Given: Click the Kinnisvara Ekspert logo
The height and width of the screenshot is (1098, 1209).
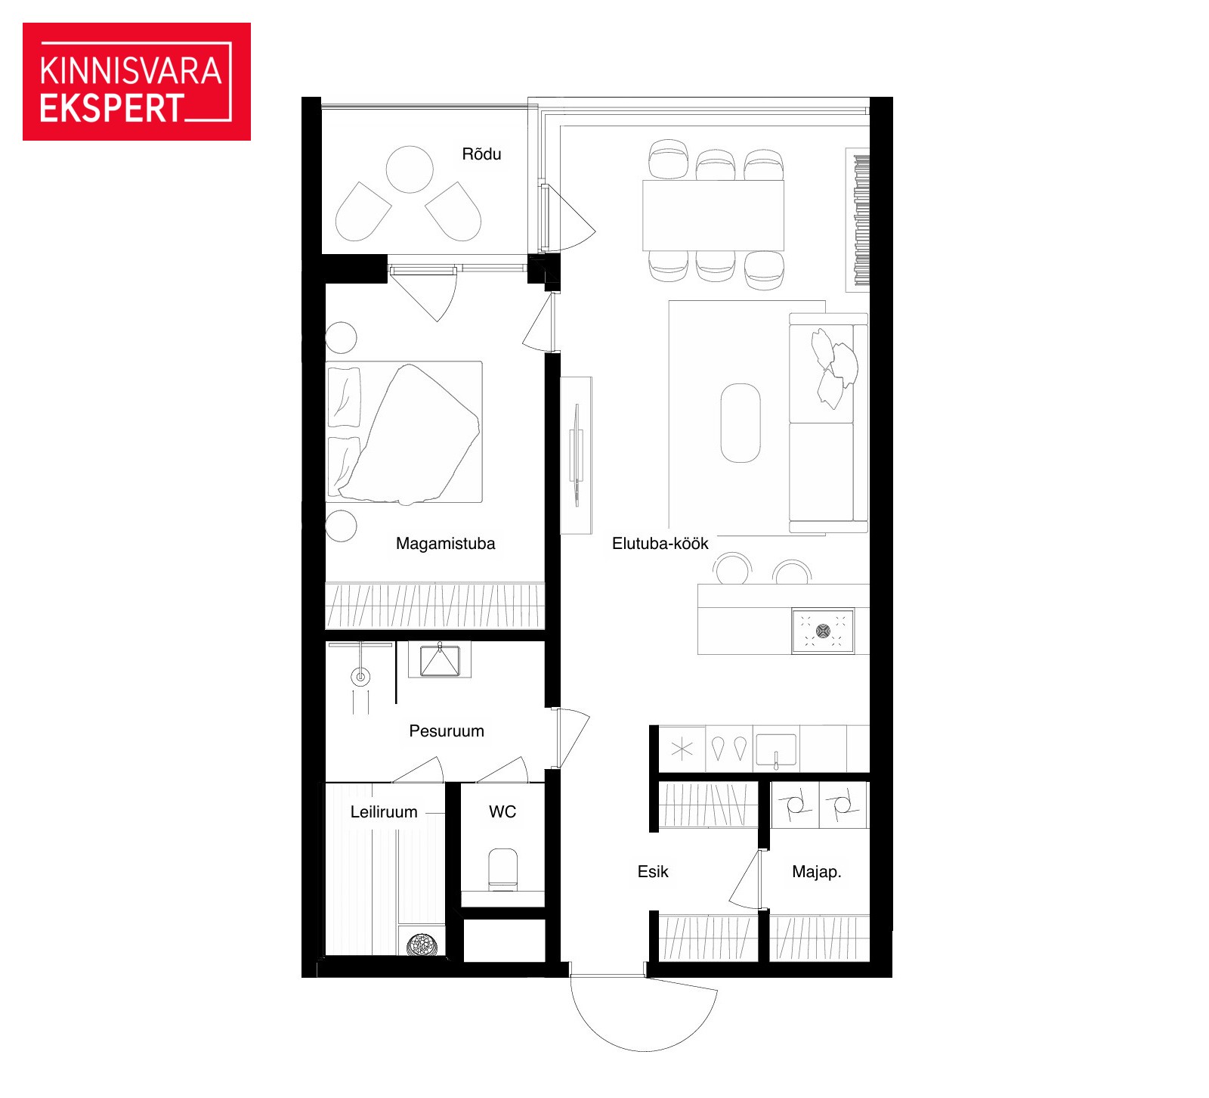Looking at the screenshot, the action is (137, 82).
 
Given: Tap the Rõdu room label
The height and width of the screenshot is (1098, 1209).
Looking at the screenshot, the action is (481, 154).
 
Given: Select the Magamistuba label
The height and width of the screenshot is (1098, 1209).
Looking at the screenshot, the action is (446, 543).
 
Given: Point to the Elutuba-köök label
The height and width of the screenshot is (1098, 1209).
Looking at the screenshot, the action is (660, 543).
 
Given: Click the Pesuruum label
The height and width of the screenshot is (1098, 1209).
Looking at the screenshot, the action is (447, 730).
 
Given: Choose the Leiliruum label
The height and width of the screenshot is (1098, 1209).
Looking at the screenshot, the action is (384, 811).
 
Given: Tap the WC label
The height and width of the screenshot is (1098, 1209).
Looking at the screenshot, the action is (502, 811).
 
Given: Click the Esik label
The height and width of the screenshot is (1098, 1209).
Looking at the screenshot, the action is (653, 871).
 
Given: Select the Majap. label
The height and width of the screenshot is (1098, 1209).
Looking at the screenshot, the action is (817, 871).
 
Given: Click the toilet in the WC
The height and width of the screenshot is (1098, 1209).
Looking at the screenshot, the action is (502, 869).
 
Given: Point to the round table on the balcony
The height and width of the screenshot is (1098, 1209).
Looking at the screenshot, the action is (410, 169).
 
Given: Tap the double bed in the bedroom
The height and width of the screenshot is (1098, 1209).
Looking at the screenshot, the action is (404, 432).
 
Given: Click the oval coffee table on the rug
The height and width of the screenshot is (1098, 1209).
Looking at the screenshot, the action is (741, 423).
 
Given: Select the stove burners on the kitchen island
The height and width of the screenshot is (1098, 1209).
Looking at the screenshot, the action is (823, 631).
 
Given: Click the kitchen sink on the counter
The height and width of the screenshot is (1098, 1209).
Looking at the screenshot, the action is (776, 749).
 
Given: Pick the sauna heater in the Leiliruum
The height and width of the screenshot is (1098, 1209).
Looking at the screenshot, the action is (422, 945).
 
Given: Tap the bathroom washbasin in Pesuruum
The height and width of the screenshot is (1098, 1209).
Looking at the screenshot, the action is (440, 660).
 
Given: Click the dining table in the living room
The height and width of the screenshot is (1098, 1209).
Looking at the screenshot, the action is (713, 215).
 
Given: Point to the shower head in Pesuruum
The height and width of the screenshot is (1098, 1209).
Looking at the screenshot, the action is (361, 676).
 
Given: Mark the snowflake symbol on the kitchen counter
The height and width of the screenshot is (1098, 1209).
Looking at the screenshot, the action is (682, 749).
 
